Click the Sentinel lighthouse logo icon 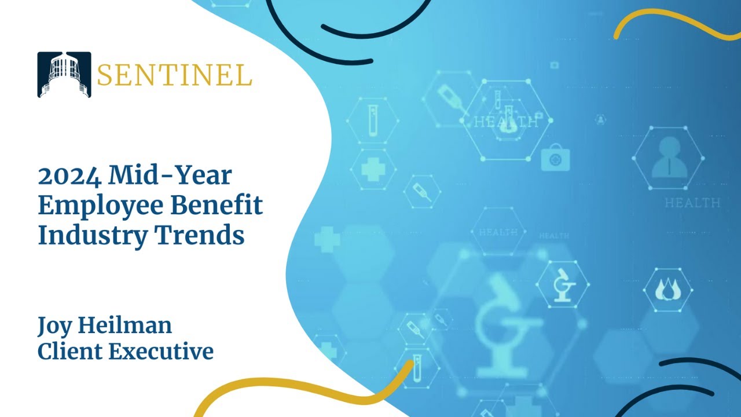[x=64, y=75]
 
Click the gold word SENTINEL [x=174, y=75]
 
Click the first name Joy [x=53, y=326]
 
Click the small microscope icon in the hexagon [x=563, y=285]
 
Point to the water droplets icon [x=669, y=289]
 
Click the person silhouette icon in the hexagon [x=669, y=158]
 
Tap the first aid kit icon [x=555, y=158]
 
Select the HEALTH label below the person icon [x=692, y=203]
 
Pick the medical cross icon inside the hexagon [x=373, y=169]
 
